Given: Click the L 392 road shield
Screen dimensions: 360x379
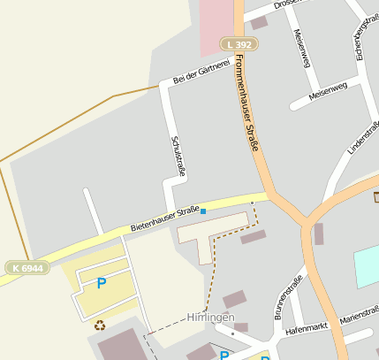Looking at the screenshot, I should (239, 43).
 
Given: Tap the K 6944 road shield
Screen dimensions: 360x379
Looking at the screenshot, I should (27, 268).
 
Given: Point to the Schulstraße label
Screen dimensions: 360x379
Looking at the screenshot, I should (176, 157).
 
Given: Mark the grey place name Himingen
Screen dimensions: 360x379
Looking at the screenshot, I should (210, 317).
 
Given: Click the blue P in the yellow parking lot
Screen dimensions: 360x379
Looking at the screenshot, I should (101, 284).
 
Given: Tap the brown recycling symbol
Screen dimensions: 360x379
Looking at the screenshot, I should (100, 325).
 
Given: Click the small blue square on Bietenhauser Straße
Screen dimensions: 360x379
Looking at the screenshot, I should (203, 211).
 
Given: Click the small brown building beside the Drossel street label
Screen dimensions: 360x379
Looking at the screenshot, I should (258, 23).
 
